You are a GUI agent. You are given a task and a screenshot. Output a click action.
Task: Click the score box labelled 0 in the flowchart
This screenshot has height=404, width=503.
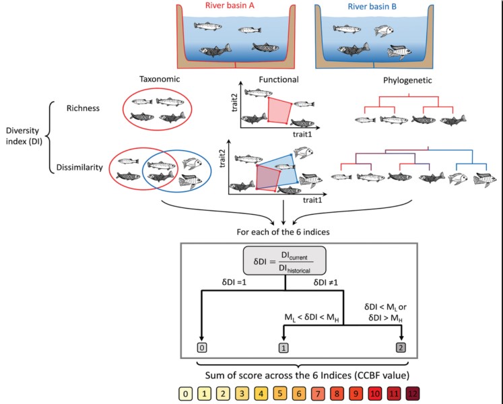(202, 347)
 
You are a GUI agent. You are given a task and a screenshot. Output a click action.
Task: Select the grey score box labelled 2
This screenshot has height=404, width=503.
(402, 347)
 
